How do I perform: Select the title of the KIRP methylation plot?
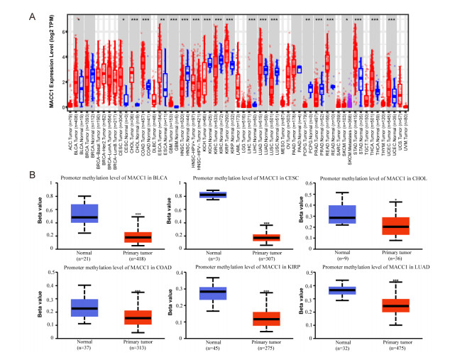pyautogui.click(x=226, y=270)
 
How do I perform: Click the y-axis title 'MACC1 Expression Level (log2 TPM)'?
pyautogui.click(x=13, y=60)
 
